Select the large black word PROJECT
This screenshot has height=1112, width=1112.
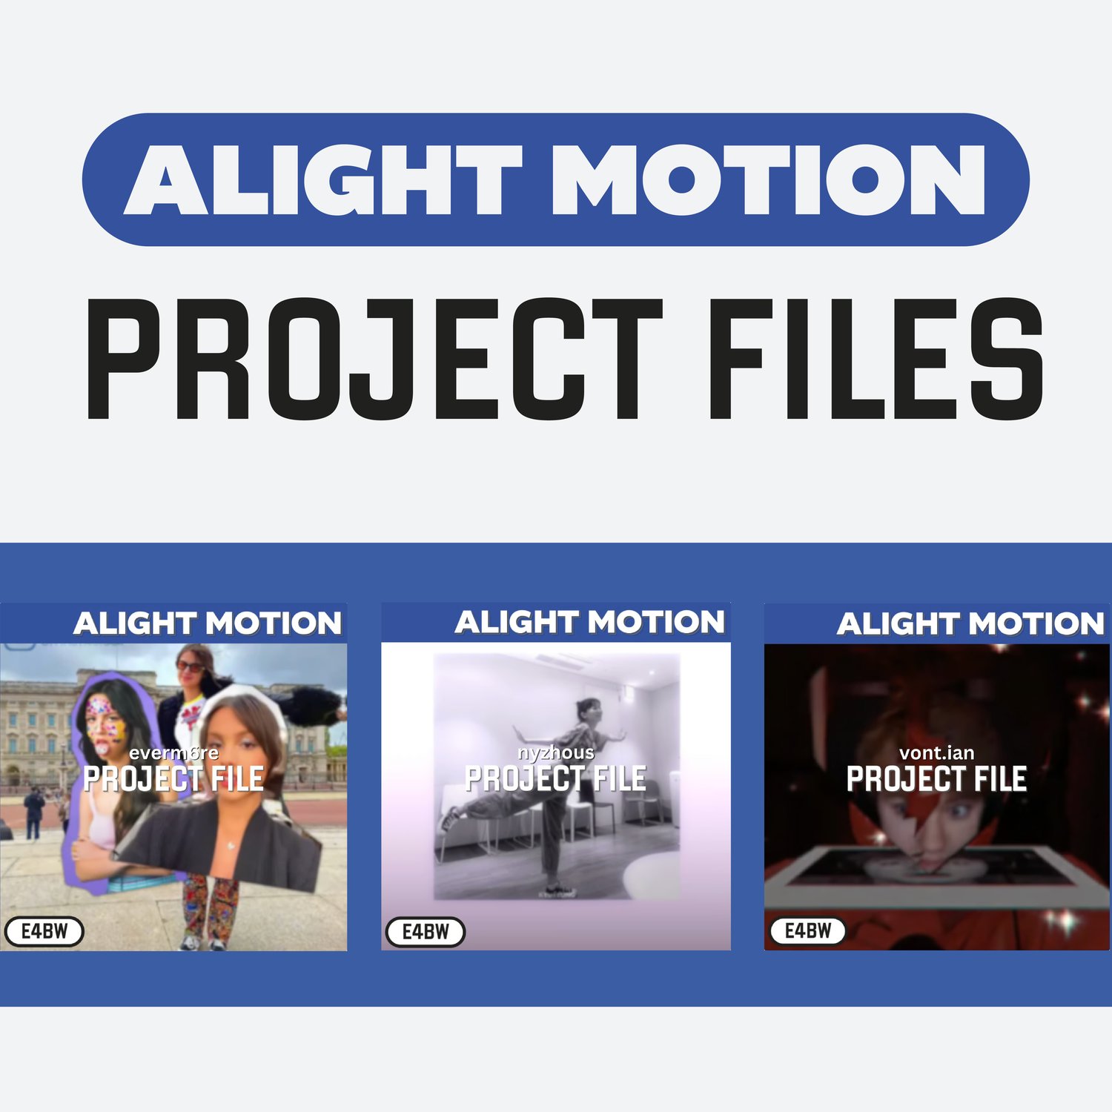coord(374,360)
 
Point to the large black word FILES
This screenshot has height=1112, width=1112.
coord(877,360)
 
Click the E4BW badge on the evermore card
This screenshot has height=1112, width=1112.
coord(44,931)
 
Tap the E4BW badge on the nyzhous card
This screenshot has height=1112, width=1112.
coord(426,931)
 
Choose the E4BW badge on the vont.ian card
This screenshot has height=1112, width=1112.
coord(808,930)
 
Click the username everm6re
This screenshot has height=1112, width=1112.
coord(173,753)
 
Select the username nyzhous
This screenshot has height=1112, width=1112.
coord(556,753)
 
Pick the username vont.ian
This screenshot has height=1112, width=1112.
coord(937,753)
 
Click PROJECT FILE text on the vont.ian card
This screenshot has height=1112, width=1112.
coord(937,779)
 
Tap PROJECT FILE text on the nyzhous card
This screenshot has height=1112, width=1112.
coord(556,779)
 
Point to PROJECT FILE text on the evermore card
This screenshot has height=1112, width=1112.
coord(173,779)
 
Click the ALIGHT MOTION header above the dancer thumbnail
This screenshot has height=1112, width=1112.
coord(589,622)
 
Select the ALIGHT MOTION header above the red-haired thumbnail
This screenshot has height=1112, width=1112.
coord(970,623)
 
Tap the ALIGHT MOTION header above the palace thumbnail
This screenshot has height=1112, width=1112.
coord(208,623)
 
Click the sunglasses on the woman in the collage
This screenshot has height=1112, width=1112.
coord(190,666)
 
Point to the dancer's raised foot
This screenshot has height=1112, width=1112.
coord(447,820)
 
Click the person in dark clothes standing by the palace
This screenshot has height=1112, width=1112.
coord(33,813)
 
